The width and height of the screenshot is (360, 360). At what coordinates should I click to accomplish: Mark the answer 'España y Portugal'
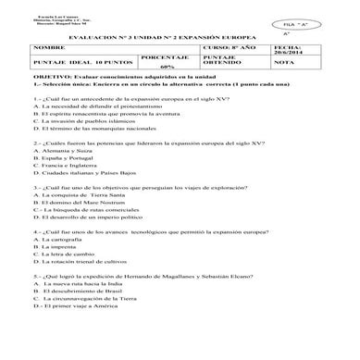click(71, 159)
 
